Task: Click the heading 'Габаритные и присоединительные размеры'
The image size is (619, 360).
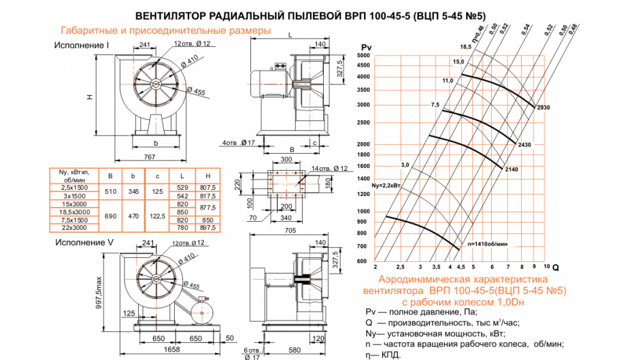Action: (166, 31)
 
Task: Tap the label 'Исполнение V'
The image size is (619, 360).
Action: (82, 242)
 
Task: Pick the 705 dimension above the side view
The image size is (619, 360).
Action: (290, 231)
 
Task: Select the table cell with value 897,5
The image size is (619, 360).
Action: (206, 228)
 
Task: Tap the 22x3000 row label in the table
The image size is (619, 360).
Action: (74, 228)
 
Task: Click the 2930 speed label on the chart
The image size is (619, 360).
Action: (543, 108)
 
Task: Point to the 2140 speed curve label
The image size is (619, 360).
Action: (513, 168)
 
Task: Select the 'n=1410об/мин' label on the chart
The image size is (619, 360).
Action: (487, 242)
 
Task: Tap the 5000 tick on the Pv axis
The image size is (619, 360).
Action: (361, 65)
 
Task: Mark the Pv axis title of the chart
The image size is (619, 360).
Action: (365, 46)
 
